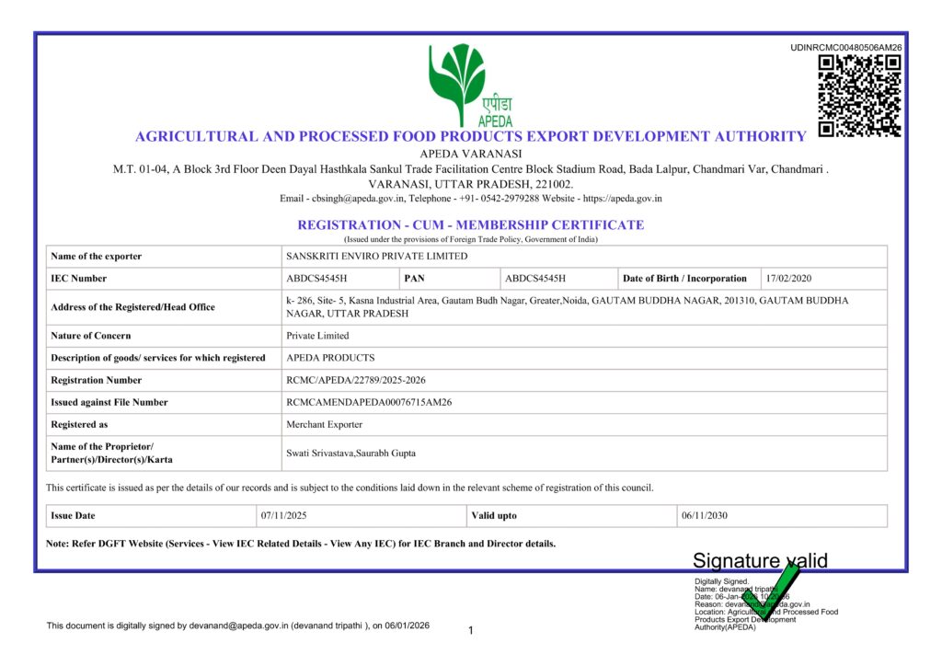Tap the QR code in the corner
coord(859,96)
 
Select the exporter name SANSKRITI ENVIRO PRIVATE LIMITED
coord(377,257)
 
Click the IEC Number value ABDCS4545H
coord(317,279)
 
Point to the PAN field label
coord(415,279)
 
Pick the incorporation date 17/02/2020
coord(788,279)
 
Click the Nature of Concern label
coord(91,336)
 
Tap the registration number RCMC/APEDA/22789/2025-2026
coord(356,380)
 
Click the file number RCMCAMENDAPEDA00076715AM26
coord(369,402)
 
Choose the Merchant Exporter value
coord(325,425)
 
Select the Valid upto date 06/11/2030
coord(705,516)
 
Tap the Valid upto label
coord(494,516)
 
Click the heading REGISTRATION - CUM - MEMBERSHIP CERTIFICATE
coord(470,225)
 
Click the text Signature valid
coord(760,561)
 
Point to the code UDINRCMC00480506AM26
coord(846,48)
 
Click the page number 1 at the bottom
coord(470,631)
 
